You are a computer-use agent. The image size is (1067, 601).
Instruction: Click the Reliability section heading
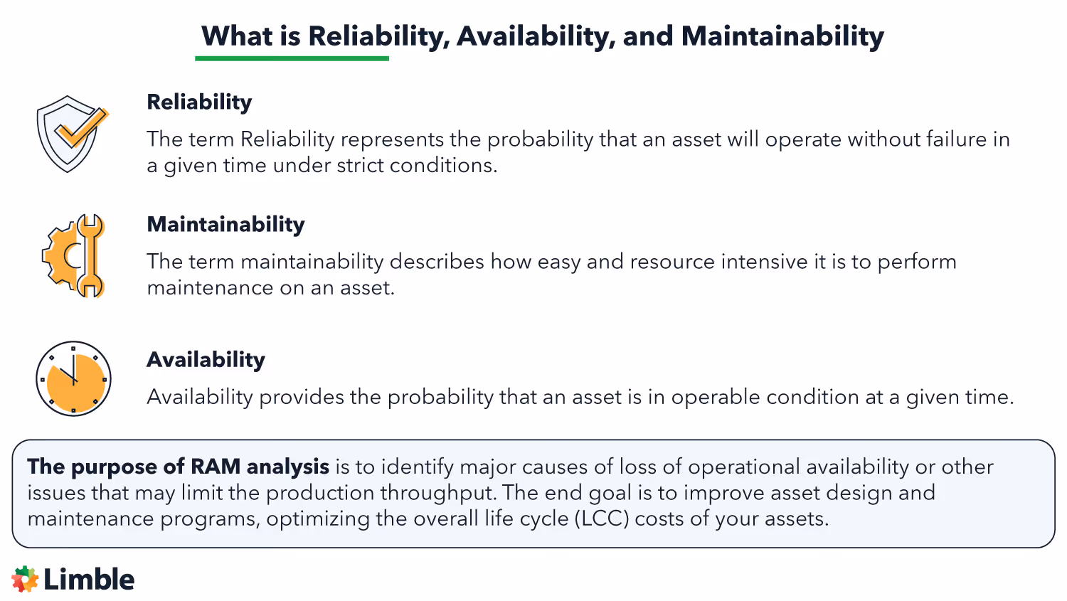pos(199,102)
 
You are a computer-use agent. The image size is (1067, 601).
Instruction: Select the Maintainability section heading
pos(225,225)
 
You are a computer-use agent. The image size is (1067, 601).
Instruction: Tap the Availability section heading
pos(206,360)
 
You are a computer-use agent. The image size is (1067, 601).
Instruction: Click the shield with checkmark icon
pos(70,134)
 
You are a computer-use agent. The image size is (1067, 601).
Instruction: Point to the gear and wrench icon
pos(73,255)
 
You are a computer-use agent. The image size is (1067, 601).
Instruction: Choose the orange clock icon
pos(73,378)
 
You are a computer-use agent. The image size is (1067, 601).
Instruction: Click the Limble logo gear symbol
pos(26,580)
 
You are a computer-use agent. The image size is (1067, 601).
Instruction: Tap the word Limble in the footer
pos(89,580)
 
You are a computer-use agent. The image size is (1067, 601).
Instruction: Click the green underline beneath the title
pos(292,58)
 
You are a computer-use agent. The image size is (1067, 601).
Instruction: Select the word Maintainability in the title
pos(782,36)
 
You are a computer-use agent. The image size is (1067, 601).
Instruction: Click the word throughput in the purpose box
pos(441,493)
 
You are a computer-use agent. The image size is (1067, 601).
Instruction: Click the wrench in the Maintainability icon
pos(90,255)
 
